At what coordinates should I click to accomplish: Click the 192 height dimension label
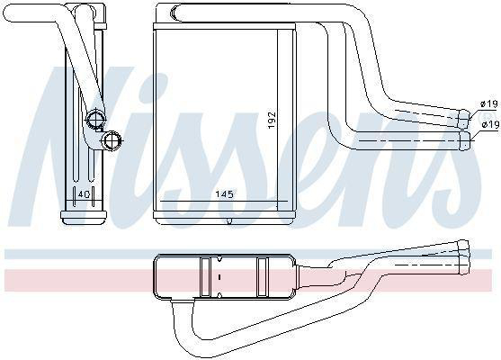(272, 120)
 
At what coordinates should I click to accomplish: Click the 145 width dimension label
(224, 194)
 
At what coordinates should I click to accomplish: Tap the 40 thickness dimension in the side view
(84, 194)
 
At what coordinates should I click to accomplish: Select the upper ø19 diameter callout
(489, 103)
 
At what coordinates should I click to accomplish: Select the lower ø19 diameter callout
(490, 125)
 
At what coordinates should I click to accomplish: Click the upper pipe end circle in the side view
(96, 119)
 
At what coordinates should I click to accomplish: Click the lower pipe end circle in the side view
(112, 140)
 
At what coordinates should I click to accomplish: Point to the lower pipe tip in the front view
(465, 140)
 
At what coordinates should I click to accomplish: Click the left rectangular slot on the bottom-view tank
(205, 277)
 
